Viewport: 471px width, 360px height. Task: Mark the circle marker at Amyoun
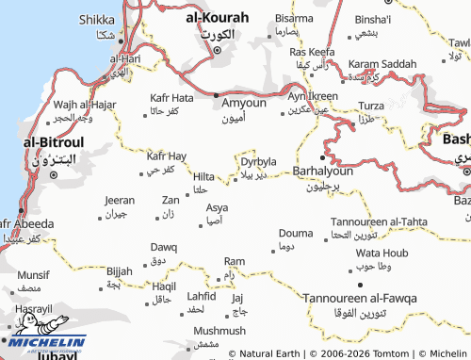coord(216,96)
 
